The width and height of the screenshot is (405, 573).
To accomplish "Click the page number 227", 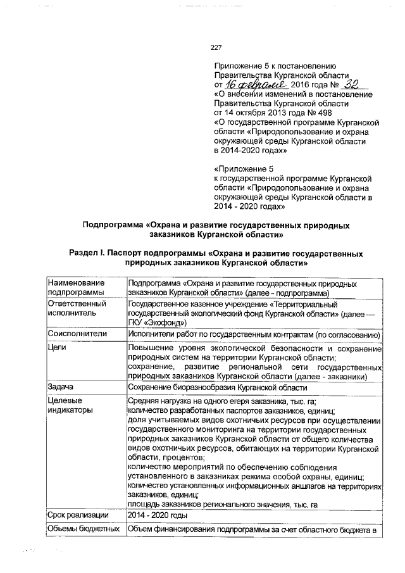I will tap(216, 47).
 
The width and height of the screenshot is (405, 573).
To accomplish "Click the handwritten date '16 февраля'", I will tap(251, 84).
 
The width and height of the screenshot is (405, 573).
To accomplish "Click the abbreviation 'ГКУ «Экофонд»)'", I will tap(157, 322).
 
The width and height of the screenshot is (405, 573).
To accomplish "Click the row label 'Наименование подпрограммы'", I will tap(77, 288).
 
